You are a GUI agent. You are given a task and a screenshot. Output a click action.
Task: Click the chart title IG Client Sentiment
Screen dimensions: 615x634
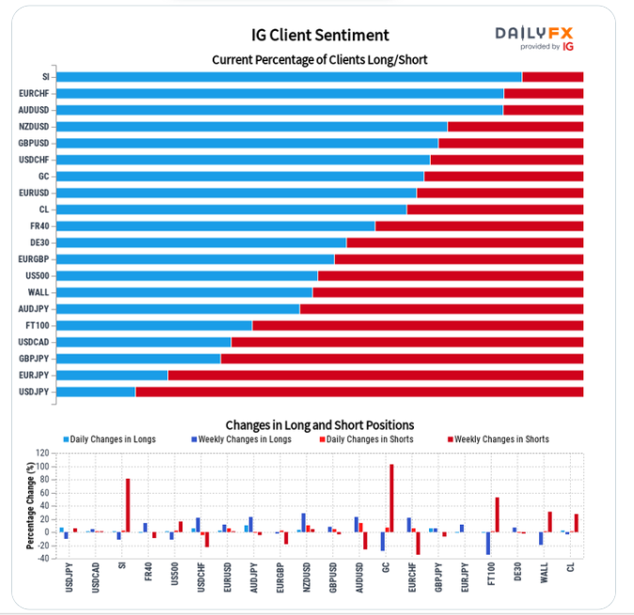[320, 36]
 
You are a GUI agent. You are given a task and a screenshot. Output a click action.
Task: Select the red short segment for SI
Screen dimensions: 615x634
[552, 77]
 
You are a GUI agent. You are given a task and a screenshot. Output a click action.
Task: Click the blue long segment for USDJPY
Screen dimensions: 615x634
[96, 391]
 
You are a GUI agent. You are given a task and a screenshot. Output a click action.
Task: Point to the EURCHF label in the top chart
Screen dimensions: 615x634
[35, 93]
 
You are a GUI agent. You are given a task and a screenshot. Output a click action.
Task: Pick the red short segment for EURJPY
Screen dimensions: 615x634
[375, 375]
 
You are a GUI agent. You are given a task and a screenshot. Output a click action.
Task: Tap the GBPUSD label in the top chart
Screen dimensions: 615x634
[35, 143]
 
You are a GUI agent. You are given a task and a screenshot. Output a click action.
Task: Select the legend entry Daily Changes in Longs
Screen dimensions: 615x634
[110, 439]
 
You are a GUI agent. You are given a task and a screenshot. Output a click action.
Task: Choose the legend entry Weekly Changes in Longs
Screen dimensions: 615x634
[240, 439]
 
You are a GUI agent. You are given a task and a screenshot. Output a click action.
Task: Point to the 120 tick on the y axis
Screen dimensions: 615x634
[43, 453]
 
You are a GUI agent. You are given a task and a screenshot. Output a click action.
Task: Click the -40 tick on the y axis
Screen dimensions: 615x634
[43, 558]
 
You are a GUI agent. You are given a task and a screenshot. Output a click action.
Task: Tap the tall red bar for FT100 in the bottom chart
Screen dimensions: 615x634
[497, 514]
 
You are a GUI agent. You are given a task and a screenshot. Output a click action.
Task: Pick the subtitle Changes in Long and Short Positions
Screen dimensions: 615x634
[320, 425]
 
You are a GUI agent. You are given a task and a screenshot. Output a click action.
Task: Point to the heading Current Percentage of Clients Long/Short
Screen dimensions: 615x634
[320, 60]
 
